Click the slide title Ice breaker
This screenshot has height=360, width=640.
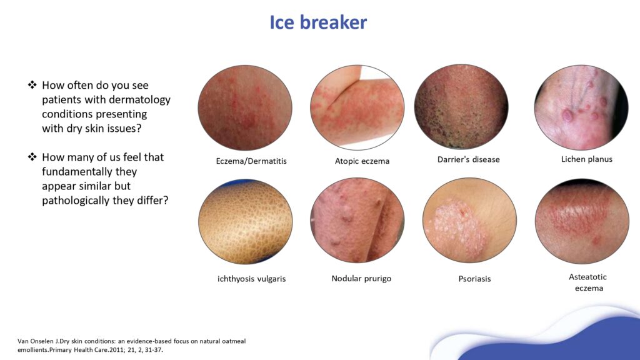pos(318,22)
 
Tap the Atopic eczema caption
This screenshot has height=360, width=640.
pos(362,161)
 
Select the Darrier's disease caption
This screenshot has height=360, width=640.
pos(468,159)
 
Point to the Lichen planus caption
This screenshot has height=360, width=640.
pos(586,159)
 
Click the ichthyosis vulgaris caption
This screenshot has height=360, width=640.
pos(247,279)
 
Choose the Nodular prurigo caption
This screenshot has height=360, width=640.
pos(361,278)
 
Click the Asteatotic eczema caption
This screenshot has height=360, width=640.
pos(588,282)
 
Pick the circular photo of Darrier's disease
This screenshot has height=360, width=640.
pos(461,107)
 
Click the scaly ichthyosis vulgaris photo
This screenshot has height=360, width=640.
pos(245,221)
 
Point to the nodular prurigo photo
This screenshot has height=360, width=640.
pos(357,220)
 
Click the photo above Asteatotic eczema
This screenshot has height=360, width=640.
pos(581,221)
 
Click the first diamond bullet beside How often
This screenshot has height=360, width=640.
pos(32,85)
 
